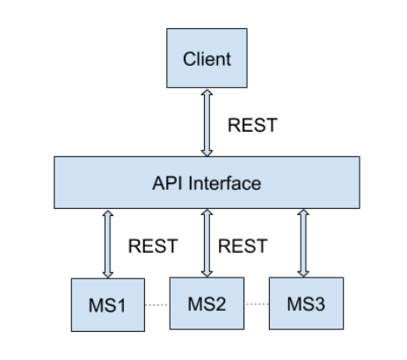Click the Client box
click(x=207, y=58)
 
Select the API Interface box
click(x=207, y=183)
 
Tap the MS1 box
click(x=108, y=305)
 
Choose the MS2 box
click(x=207, y=304)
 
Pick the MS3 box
click(x=306, y=304)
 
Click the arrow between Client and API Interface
click(x=207, y=123)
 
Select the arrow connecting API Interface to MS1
click(x=108, y=244)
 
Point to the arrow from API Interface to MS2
click(x=207, y=243)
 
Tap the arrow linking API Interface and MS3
click(x=303, y=243)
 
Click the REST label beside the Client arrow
click(x=252, y=126)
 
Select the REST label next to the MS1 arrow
click(x=153, y=246)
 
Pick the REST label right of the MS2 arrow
click(x=243, y=246)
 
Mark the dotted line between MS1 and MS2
click(x=157, y=305)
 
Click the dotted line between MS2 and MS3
click(x=257, y=304)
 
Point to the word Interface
click(x=225, y=184)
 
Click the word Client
click(x=207, y=59)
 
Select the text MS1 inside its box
click(x=107, y=306)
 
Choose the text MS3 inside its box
click(x=306, y=304)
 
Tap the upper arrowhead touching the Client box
click(x=207, y=92)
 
